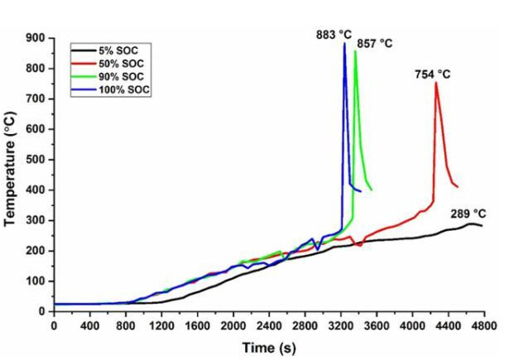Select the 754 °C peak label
(x=432, y=74)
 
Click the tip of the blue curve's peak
(x=344, y=44)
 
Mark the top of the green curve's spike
(x=355, y=51)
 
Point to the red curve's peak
(x=435, y=83)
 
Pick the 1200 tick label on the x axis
(x=161, y=325)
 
